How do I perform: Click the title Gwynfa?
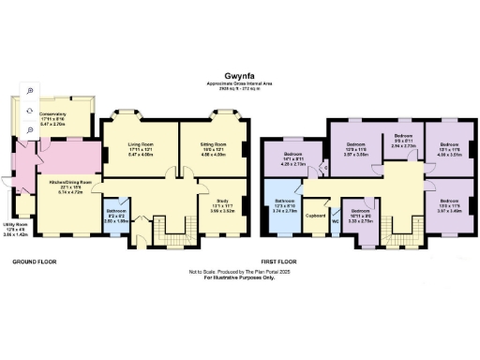[x=239, y=71]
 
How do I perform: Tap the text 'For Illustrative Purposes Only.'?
[x=239, y=278]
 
